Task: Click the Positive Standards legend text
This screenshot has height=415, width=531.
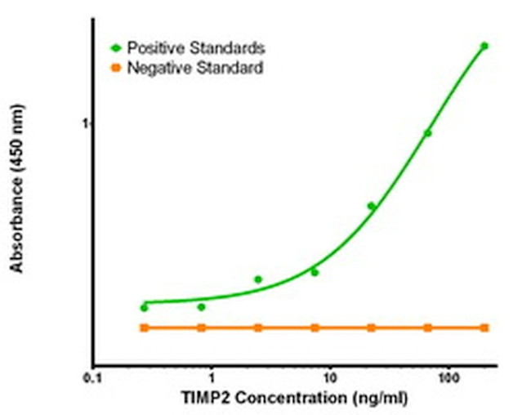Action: pos(195,47)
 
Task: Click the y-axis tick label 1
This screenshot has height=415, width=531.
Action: pos(83,123)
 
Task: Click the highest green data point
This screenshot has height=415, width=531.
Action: pos(484,46)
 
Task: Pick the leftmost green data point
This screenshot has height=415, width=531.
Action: pos(145,307)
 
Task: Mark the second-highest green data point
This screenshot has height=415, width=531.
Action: pos(427,133)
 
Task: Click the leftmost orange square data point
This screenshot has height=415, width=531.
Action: pos(145,328)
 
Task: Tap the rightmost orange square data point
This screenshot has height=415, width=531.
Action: pos(484,328)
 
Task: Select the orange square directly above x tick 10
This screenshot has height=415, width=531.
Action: pos(315,328)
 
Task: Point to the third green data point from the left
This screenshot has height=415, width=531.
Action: pos(258,279)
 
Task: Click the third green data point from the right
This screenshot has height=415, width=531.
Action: pos(371,206)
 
